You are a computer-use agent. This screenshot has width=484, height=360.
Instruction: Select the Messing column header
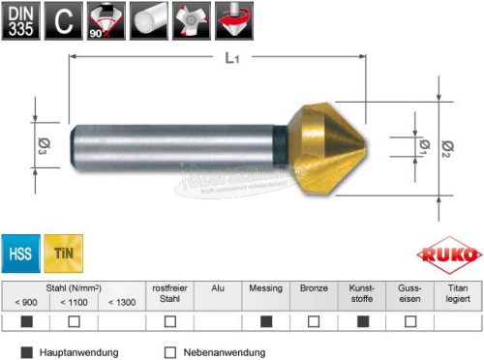[x=265, y=288]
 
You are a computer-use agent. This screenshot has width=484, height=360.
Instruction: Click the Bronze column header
[x=314, y=288]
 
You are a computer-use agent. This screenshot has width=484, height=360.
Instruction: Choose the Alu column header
[x=217, y=288]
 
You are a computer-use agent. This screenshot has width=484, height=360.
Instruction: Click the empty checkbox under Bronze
[x=314, y=320]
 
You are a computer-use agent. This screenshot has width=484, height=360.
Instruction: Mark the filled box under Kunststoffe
[x=362, y=320]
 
